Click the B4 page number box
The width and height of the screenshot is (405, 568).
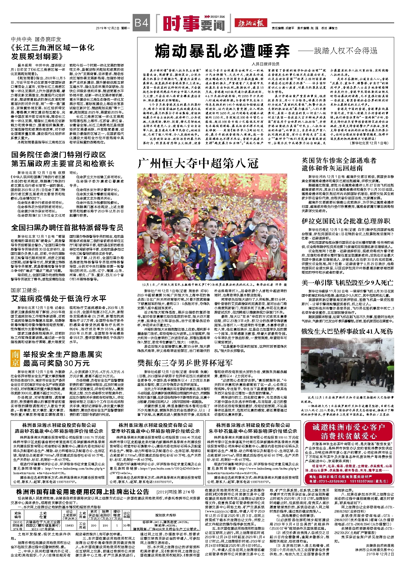click(141, 23)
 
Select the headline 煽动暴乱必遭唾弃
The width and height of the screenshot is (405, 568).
click(222, 52)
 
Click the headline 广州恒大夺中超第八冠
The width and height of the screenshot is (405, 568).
click(198, 164)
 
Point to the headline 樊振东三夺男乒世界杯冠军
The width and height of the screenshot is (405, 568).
click(185, 363)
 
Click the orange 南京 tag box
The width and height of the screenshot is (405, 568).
click(15, 359)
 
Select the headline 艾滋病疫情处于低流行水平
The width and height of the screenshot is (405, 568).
click(59, 299)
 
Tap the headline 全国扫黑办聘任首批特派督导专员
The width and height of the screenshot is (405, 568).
click(67, 228)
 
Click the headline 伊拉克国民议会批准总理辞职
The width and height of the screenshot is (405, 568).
click(346, 221)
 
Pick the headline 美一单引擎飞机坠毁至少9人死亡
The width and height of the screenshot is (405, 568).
click(347, 283)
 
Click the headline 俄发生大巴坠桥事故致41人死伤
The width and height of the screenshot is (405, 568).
click(347, 331)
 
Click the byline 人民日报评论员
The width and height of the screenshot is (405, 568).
click(265, 64)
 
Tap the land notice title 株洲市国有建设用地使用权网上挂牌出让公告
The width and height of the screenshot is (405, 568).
click(83, 492)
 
